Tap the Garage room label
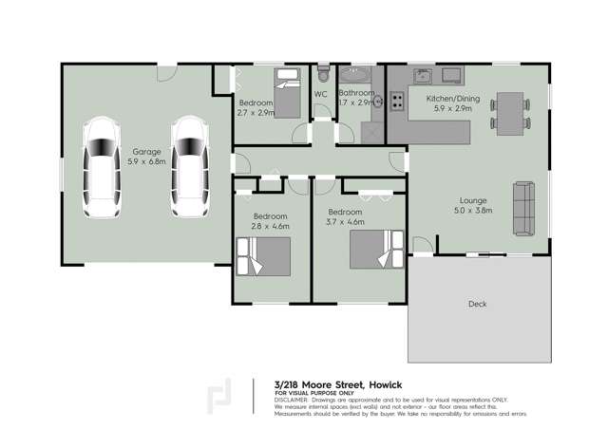[146, 151]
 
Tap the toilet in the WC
[323, 74]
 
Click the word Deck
[478, 305]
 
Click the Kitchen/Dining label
[451, 98]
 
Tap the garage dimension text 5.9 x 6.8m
[146, 161]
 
